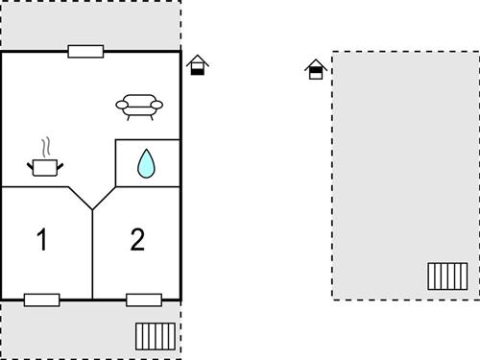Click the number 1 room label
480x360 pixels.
[x=41, y=239]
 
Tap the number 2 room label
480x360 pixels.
[x=137, y=239]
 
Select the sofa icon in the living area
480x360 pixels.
[x=139, y=105]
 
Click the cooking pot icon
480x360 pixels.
[x=44, y=167]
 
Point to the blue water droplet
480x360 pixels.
[x=146, y=163]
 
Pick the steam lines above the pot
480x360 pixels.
[x=44, y=148]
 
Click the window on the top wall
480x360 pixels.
[x=85, y=51]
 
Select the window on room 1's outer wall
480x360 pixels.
[x=41, y=300]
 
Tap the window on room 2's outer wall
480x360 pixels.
[x=144, y=300]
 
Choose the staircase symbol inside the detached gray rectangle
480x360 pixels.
[x=446, y=276]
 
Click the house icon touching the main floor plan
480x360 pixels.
[x=198, y=65]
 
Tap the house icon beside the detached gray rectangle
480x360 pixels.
[x=315, y=69]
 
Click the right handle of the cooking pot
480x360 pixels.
[x=60, y=166]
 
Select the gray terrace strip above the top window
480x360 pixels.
[x=90, y=24]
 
